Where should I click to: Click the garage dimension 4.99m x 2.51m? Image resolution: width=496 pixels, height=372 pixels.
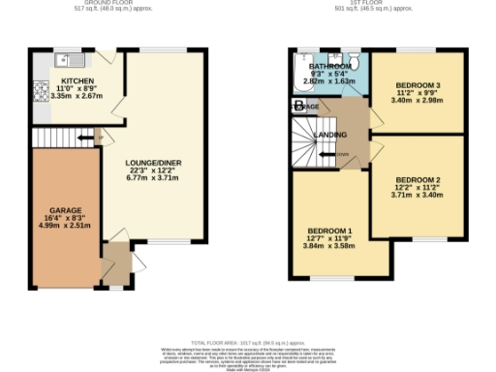point(64,225)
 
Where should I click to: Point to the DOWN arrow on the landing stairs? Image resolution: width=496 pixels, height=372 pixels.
point(343,153)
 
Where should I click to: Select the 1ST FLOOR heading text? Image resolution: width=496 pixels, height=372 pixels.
point(372,4)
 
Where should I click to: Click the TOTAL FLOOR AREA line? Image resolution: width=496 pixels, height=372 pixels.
point(247,343)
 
